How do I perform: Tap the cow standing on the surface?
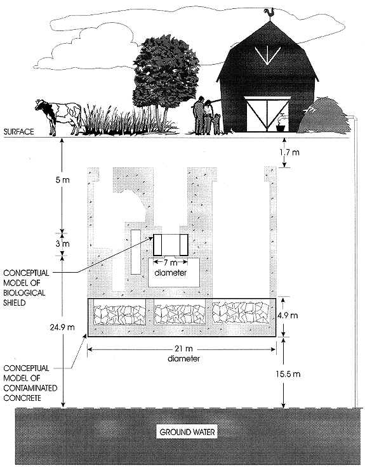point(59,116)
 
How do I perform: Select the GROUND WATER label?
point(187,432)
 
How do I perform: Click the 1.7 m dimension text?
point(289,152)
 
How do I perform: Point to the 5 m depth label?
point(62,180)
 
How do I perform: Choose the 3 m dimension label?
point(62,244)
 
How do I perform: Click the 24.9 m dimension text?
point(62,327)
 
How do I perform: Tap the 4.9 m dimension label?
point(288,315)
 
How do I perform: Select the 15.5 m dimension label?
point(288,374)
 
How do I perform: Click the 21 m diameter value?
point(183,349)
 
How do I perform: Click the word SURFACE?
point(18,132)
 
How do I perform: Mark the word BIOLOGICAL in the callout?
point(24,292)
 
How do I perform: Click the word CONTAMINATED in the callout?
point(30,388)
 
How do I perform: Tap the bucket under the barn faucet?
point(281,127)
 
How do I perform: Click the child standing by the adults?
point(216,123)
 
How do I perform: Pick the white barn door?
point(267,114)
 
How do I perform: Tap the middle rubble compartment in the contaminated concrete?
point(180,315)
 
